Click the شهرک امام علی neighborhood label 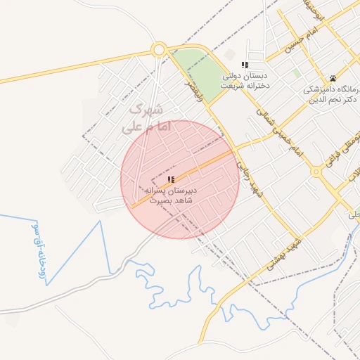pos(146,119)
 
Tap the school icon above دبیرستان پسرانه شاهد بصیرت pos(171,180)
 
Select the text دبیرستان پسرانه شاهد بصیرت pos(171,195)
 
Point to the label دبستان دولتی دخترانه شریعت pos(246,79)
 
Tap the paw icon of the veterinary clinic pos(332,78)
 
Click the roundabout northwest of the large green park pos(158,50)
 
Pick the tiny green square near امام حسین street pos(297,72)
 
